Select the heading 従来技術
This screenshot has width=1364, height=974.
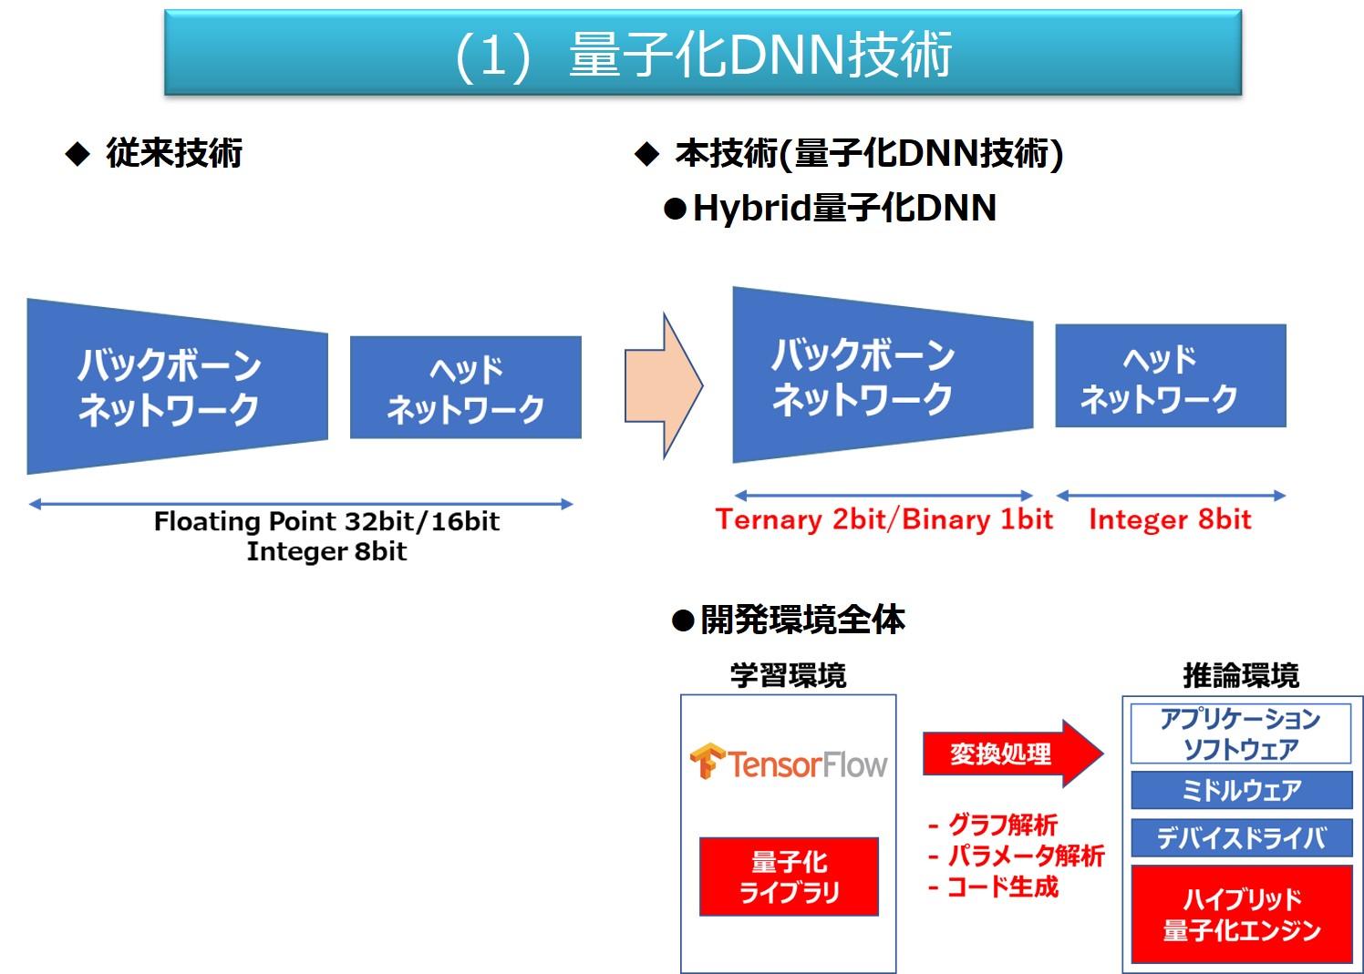click(174, 153)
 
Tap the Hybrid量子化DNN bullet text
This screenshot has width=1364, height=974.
click(844, 208)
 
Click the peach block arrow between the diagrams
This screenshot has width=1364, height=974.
click(664, 385)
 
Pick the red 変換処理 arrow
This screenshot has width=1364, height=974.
click(1013, 754)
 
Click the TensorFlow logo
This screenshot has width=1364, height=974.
click(788, 763)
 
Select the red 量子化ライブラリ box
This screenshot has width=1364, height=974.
click(789, 877)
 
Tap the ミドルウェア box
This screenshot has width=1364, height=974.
click(1241, 790)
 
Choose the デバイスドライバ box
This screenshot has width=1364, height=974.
click(1241, 837)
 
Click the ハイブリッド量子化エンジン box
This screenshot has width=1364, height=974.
click(1241, 914)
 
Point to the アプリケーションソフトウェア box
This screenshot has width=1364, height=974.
click(1240, 733)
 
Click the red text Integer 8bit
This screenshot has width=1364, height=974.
click(1170, 519)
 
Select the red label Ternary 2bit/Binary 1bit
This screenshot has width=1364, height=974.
click(884, 519)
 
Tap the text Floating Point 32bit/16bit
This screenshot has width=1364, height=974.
click(326, 521)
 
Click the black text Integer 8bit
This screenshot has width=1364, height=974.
click(326, 552)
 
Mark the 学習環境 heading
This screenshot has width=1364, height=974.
click(788, 675)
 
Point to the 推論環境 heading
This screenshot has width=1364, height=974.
click(1241, 675)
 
